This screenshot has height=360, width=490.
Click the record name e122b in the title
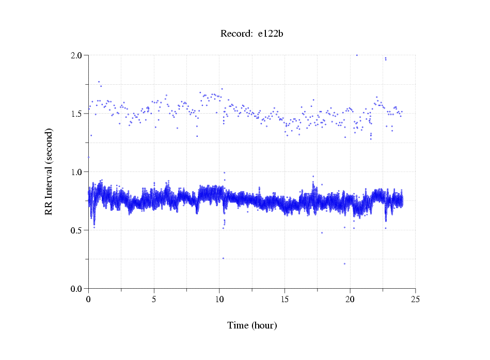[x=271, y=34]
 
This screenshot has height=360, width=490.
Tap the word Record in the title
[x=236, y=34]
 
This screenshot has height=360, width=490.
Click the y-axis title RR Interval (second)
[x=49, y=171]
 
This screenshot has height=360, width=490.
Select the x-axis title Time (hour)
[x=252, y=325]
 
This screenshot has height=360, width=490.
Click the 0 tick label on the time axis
[x=89, y=299]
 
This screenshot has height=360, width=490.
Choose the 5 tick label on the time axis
[x=154, y=299]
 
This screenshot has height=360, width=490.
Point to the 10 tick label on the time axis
[x=219, y=299]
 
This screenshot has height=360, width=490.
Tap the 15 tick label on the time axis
[x=284, y=299]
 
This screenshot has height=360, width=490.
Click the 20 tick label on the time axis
[x=350, y=299]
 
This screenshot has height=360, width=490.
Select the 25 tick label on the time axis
[x=415, y=299]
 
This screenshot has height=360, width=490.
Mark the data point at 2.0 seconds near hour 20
[x=357, y=55]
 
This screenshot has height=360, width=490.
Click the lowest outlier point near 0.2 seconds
[x=344, y=263]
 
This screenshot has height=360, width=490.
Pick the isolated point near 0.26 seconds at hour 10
[x=223, y=258]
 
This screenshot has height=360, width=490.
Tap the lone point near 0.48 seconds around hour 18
[x=322, y=232]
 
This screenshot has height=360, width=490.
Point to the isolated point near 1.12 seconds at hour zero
[x=88, y=157]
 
